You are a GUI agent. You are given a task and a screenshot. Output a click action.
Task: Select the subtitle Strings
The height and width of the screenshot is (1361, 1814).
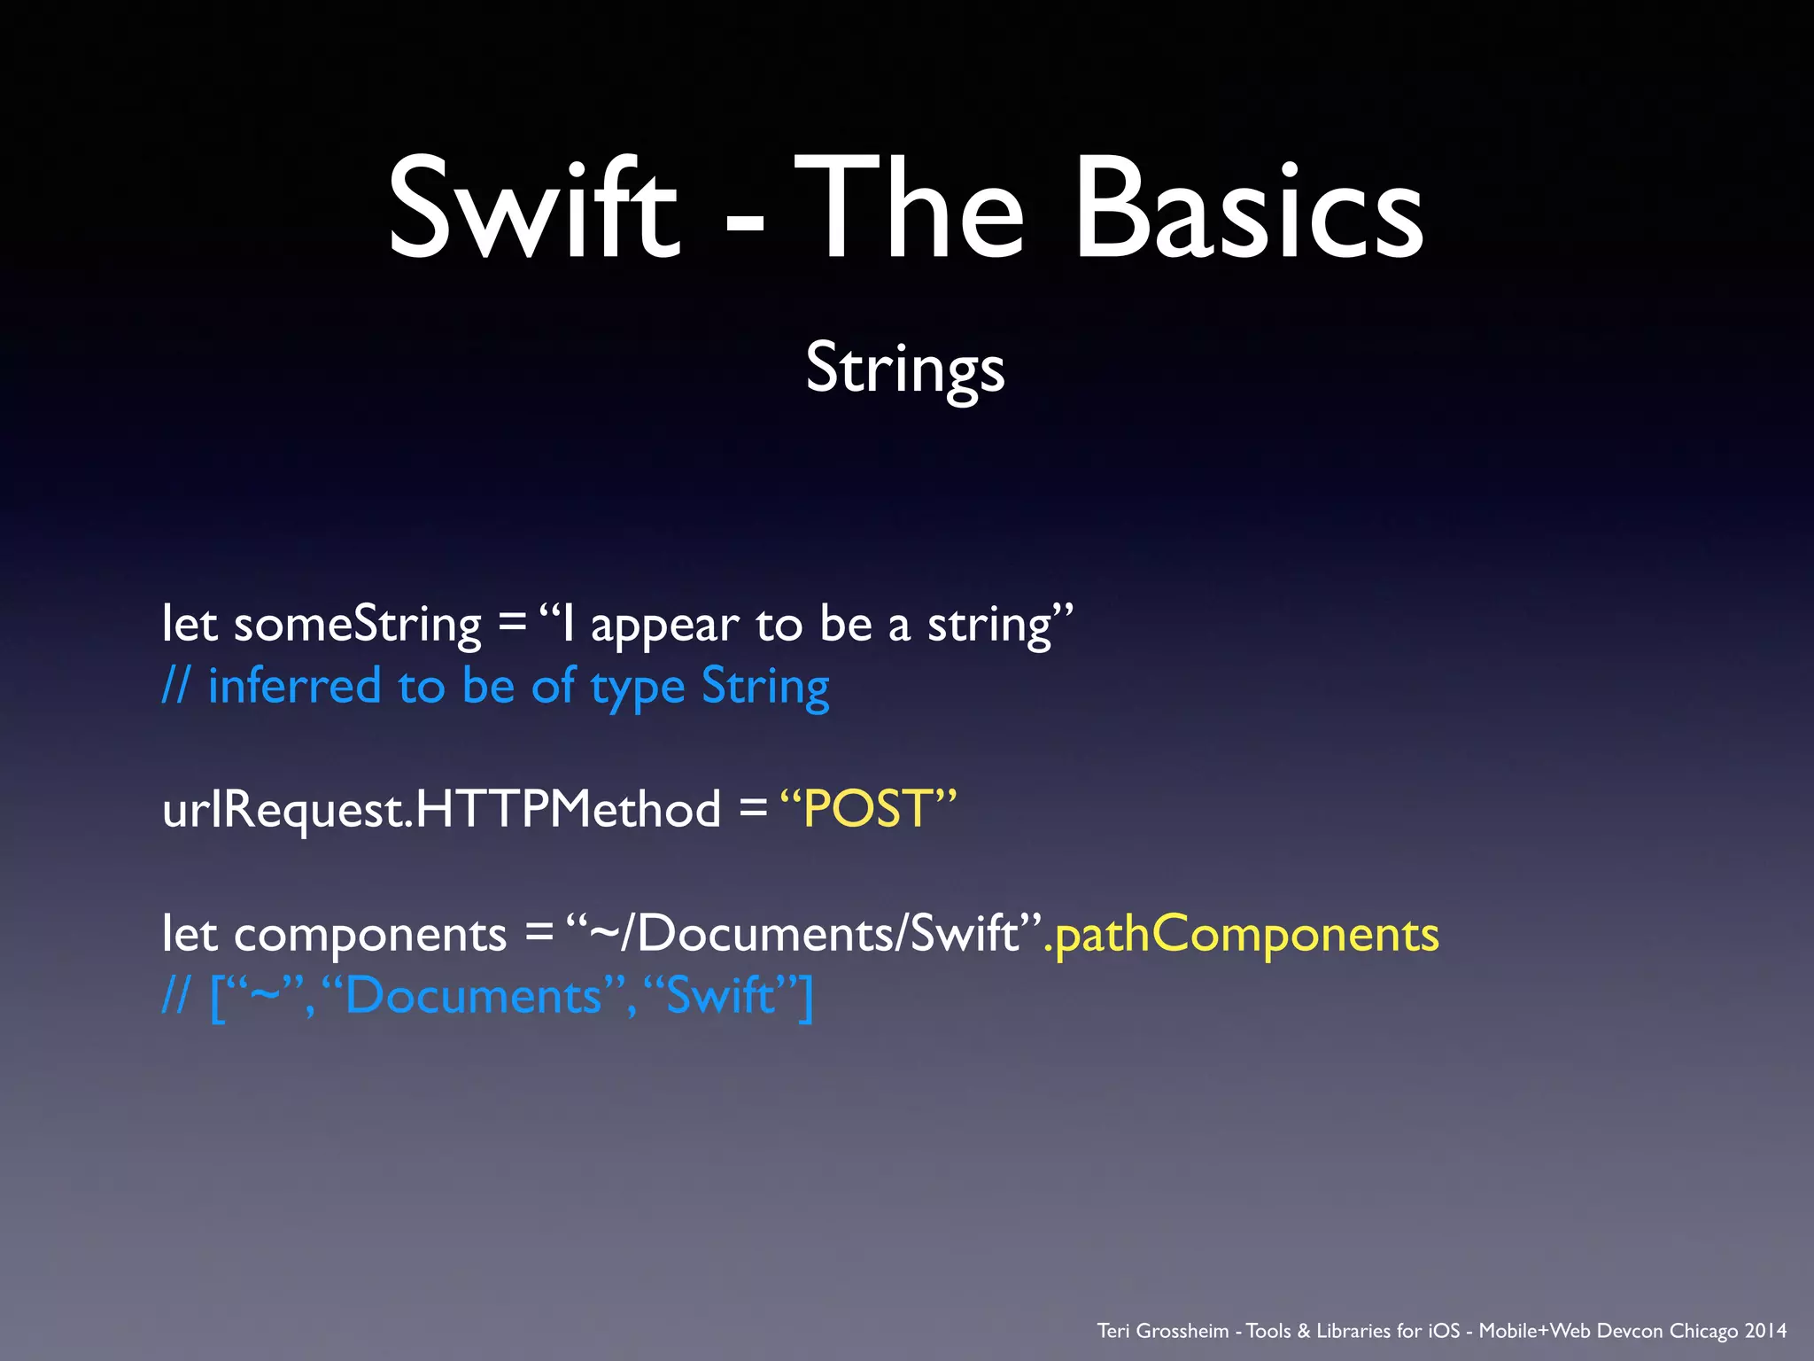point(905,368)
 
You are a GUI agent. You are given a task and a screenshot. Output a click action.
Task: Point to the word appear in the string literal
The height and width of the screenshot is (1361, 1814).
point(664,627)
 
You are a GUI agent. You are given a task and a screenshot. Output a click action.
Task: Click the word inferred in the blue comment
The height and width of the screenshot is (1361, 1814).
point(294,687)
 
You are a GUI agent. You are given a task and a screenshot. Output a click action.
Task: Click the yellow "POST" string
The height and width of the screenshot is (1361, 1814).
point(869,809)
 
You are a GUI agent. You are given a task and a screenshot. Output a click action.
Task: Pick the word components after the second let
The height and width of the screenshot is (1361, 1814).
point(369,936)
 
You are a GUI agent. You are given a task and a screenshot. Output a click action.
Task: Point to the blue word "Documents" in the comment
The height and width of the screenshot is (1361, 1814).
point(475,996)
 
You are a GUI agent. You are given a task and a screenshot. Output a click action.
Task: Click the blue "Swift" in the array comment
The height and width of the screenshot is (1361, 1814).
point(720,996)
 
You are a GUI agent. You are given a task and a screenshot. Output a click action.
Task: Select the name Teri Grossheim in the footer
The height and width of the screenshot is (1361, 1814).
point(1162,1331)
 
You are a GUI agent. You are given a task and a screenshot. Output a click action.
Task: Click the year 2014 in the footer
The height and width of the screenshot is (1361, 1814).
point(1765,1331)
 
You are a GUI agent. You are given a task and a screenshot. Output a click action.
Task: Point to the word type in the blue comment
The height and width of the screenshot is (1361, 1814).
point(638,689)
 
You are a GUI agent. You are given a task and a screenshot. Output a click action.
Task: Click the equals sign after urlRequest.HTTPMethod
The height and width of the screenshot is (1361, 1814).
point(752,808)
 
